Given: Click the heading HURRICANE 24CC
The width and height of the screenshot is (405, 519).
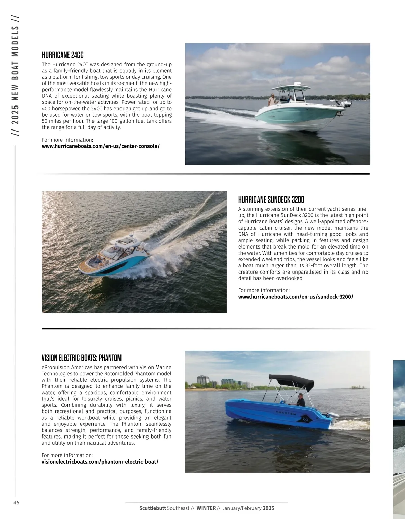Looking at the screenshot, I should coord(62,55).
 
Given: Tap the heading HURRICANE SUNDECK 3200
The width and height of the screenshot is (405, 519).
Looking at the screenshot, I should coord(271,199).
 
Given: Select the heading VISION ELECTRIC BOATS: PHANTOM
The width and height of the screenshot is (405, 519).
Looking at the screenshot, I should coord(81,358).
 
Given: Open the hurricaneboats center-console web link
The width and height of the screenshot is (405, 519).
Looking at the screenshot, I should coord(101,146).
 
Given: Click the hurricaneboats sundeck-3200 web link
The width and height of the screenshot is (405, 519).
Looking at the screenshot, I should coord(296,297).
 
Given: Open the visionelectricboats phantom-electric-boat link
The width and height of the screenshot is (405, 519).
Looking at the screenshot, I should coord(100,462).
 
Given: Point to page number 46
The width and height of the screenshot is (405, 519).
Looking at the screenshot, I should coord(16,503).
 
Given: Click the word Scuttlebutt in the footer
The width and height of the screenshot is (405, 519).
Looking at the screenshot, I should coord(153,508).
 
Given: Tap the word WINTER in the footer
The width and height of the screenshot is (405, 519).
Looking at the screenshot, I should coord(206,508).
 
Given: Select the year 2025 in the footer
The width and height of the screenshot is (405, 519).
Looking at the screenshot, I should coord(269,508).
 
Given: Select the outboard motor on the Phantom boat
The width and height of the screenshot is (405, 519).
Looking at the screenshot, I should coord(332,420).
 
